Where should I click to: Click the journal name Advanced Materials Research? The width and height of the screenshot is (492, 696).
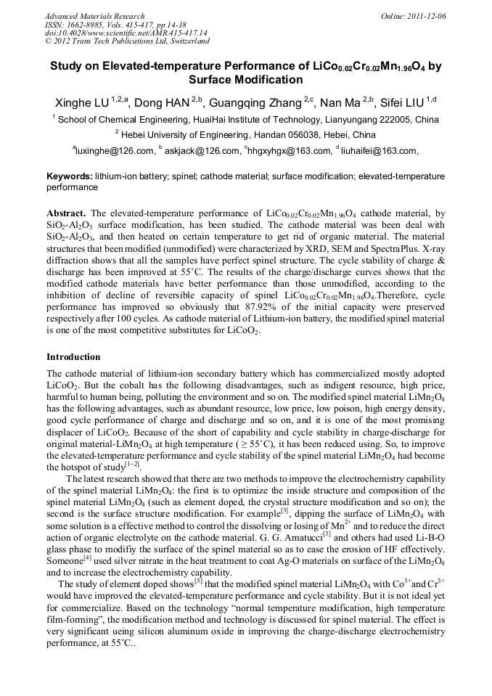pos(94,16)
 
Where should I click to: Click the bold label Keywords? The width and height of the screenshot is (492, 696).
pos(70,176)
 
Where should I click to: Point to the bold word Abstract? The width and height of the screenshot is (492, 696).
pos(67,213)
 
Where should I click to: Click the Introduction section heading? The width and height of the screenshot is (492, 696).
pos(73,357)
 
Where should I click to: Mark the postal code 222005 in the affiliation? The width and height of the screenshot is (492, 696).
pos(397,120)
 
